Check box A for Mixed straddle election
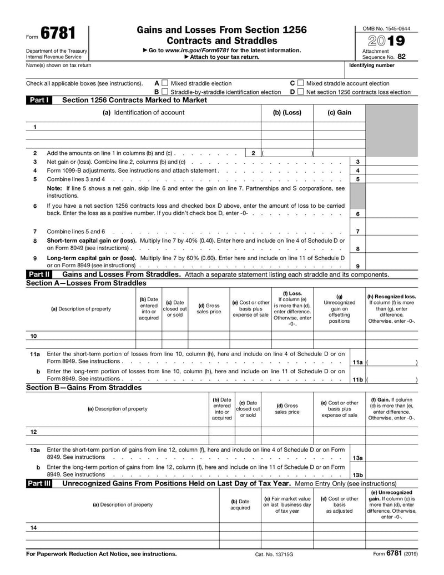click(x=164, y=83)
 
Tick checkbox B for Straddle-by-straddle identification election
click(x=164, y=92)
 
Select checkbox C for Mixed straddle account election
click(x=300, y=83)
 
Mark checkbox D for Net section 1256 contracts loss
click(x=300, y=92)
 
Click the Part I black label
click(x=39, y=101)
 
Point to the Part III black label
click(x=39, y=484)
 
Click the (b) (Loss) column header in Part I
click(x=287, y=113)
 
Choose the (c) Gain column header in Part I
click(x=339, y=113)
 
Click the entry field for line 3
click(x=391, y=162)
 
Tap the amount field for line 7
click(x=391, y=232)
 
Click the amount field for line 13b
click(x=391, y=475)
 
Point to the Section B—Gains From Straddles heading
click(x=84, y=388)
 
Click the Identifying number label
click(x=372, y=66)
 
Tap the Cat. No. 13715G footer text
click(x=274, y=554)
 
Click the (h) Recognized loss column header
click(x=391, y=297)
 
